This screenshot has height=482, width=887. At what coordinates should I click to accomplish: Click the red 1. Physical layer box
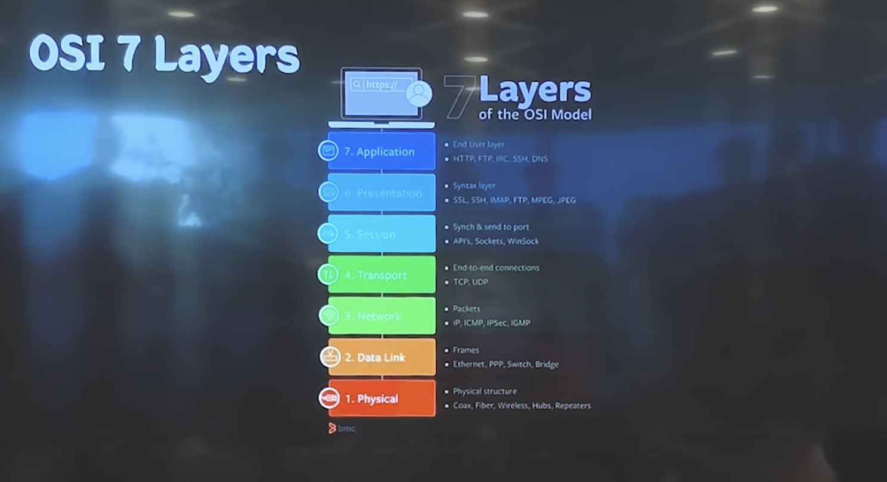point(382,398)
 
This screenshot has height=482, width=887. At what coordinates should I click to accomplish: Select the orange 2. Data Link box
point(382,357)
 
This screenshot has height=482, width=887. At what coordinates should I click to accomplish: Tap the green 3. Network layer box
point(382,316)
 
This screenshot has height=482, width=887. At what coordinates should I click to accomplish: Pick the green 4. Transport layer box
point(382,275)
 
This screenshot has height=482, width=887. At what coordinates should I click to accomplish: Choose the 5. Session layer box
point(382,234)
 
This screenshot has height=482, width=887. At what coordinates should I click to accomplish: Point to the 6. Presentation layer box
point(382,193)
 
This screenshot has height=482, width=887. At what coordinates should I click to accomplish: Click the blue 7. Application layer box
point(382,152)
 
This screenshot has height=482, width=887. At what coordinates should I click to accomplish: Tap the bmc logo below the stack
point(342,428)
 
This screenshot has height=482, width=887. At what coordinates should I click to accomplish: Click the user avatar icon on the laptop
point(418,94)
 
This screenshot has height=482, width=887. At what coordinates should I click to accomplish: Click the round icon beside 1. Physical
point(329,398)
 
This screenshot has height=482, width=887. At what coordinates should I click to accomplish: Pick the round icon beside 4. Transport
point(328,274)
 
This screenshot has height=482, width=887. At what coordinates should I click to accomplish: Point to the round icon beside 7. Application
point(328,150)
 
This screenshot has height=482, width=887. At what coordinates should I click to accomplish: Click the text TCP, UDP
point(470,282)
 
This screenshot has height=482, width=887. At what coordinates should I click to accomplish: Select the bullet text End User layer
point(478,144)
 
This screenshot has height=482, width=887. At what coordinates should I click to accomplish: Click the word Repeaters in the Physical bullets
point(572,406)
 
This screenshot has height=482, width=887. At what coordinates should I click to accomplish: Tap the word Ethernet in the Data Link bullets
point(469,364)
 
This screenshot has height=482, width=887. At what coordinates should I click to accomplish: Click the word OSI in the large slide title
point(59,54)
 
